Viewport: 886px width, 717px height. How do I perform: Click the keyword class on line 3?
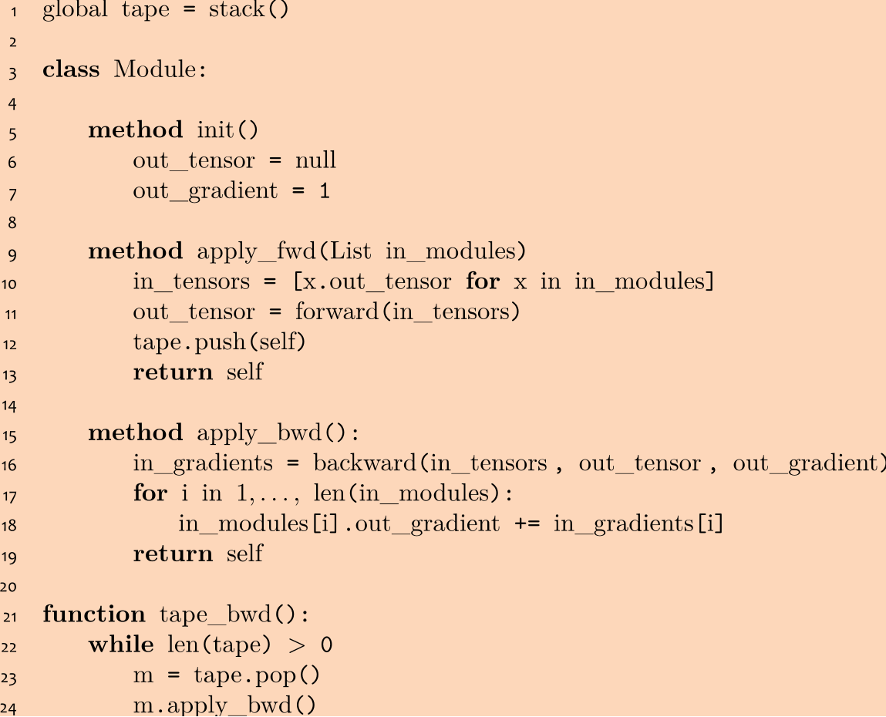click(71, 70)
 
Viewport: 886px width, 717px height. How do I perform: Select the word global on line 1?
click(75, 12)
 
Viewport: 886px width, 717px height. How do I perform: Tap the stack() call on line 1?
click(248, 12)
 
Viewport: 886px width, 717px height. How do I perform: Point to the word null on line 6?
click(315, 160)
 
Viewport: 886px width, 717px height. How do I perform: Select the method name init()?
click(227, 130)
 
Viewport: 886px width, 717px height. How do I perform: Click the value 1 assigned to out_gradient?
click(325, 191)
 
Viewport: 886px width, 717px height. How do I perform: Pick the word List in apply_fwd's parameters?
click(351, 251)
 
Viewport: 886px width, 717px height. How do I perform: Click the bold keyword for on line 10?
click(483, 282)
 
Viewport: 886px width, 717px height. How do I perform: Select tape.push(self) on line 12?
click(219, 342)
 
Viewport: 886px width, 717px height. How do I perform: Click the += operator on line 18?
click(527, 524)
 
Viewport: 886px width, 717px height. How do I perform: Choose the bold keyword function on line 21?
click(94, 614)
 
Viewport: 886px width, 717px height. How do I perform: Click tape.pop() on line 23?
click(256, 675)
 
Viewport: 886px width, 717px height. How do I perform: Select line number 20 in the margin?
click(12, 586)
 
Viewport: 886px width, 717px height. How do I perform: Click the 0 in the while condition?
click(326, 645)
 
